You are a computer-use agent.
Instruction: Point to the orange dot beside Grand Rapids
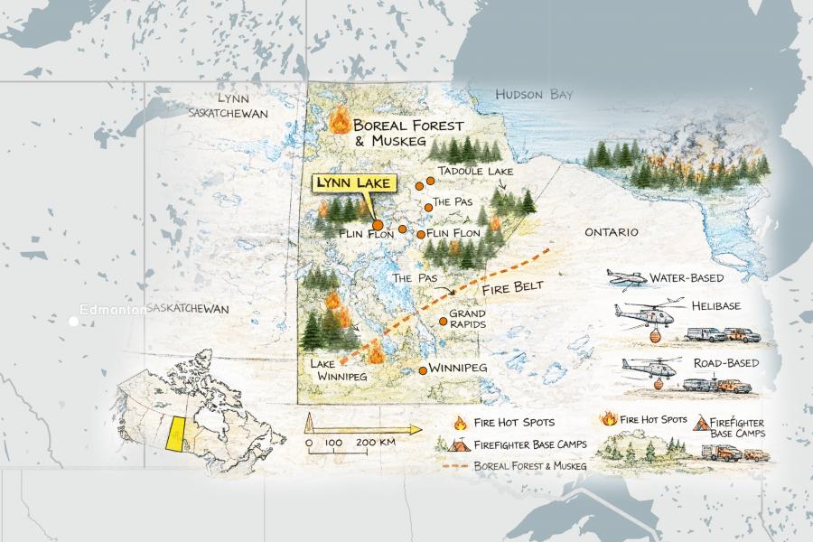[443, 321]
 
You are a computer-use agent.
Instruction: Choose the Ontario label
[611, 232]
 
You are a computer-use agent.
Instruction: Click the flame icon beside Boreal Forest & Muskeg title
[341, 120]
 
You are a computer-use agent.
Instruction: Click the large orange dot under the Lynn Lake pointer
[377, 226]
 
